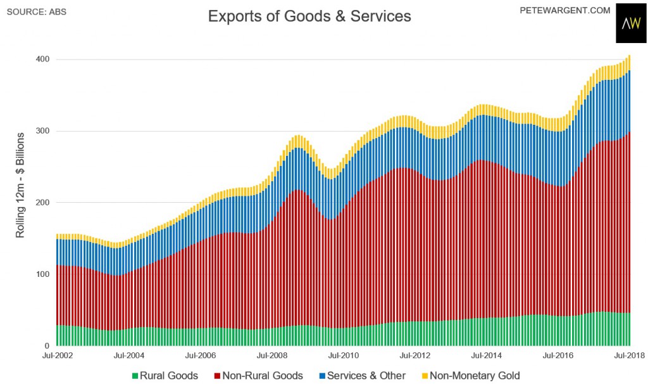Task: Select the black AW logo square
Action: point(631,26)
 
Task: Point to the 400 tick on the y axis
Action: point(43,60)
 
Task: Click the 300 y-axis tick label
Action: point(43,131)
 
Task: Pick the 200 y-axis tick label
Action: point(43,203)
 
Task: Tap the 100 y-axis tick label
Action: point(43,274)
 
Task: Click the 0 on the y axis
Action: point(47,346)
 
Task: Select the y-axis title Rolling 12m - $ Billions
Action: point(20,185)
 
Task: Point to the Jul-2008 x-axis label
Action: point(273,355)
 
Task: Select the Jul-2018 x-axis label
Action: point(629,355)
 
